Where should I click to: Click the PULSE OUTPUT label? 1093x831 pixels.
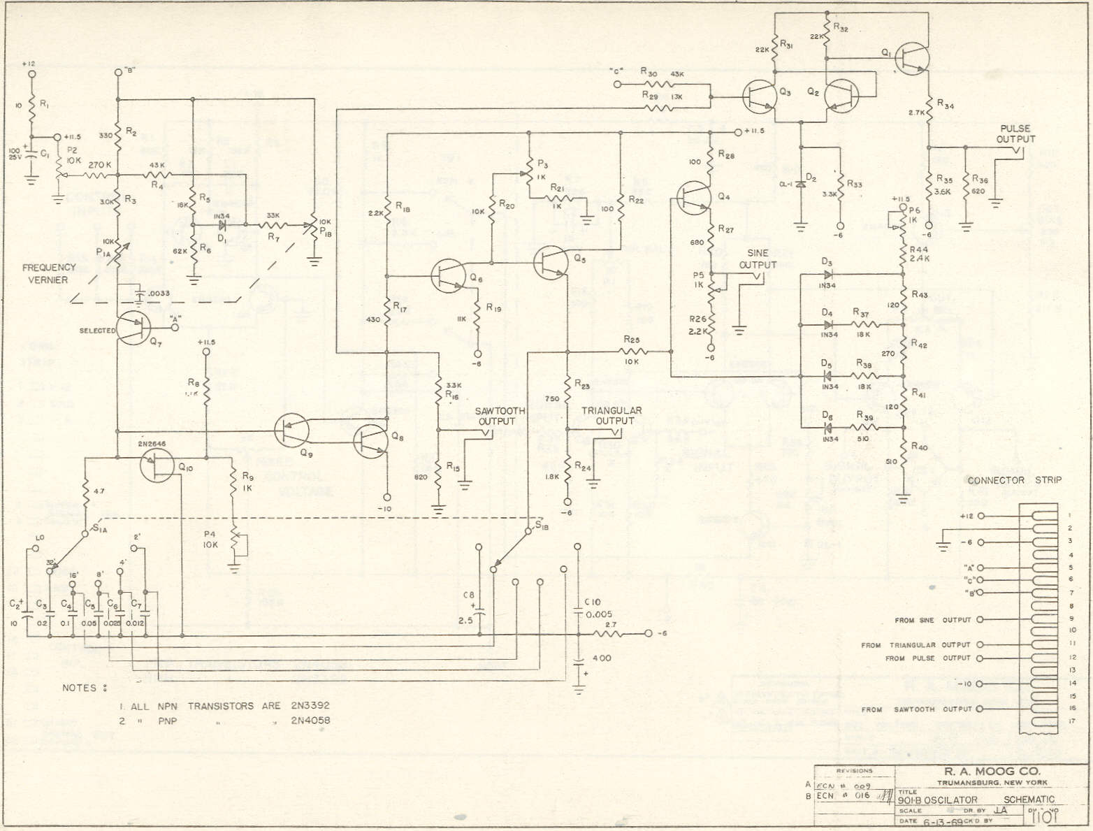(1015, 133)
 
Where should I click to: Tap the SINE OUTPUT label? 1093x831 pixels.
(758, 259)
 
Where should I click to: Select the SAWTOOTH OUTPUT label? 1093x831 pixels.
(495, 416)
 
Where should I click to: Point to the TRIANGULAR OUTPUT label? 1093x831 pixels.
(614, 416)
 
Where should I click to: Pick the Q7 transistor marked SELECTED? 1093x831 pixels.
(133, 328)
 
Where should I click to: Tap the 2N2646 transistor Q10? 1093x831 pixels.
(157, 465)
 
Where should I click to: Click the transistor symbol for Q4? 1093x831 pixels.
(694, 198)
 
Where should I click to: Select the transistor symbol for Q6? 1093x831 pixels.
(448, 275)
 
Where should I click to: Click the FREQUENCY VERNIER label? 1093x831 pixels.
(48, 273)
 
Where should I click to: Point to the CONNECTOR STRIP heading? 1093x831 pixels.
(1014, 480)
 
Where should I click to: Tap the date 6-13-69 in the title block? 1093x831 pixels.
(943, 822)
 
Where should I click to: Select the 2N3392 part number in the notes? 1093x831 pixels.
(310, 706)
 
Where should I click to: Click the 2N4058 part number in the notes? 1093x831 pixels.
(310, 721)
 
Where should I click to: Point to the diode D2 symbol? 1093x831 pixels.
(801, 184)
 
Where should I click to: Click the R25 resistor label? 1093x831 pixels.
(632, 340)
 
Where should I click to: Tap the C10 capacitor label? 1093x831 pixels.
(592, 602)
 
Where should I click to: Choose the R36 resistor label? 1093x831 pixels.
(979, 180)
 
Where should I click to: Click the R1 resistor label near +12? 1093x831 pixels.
(45, 104)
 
